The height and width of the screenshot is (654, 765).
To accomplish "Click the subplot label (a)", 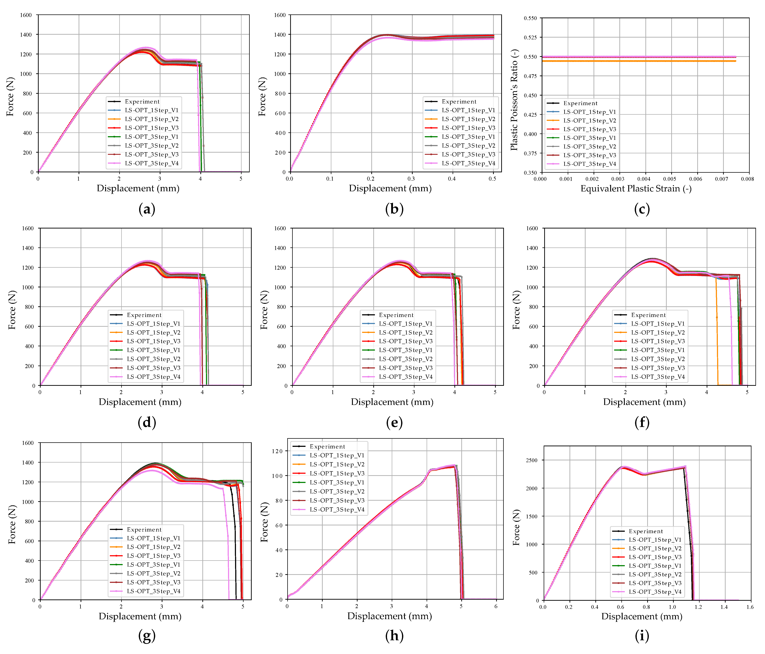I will click(x=147, y=209).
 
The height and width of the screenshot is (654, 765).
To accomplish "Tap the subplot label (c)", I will click(x=642, y=209).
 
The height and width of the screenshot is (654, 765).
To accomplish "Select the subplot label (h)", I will click(x=394, y=636).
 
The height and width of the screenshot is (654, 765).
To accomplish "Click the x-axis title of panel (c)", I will click(x=636, y=189).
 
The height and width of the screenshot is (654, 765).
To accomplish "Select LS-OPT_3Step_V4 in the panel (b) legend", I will click(x=468, y=163).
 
